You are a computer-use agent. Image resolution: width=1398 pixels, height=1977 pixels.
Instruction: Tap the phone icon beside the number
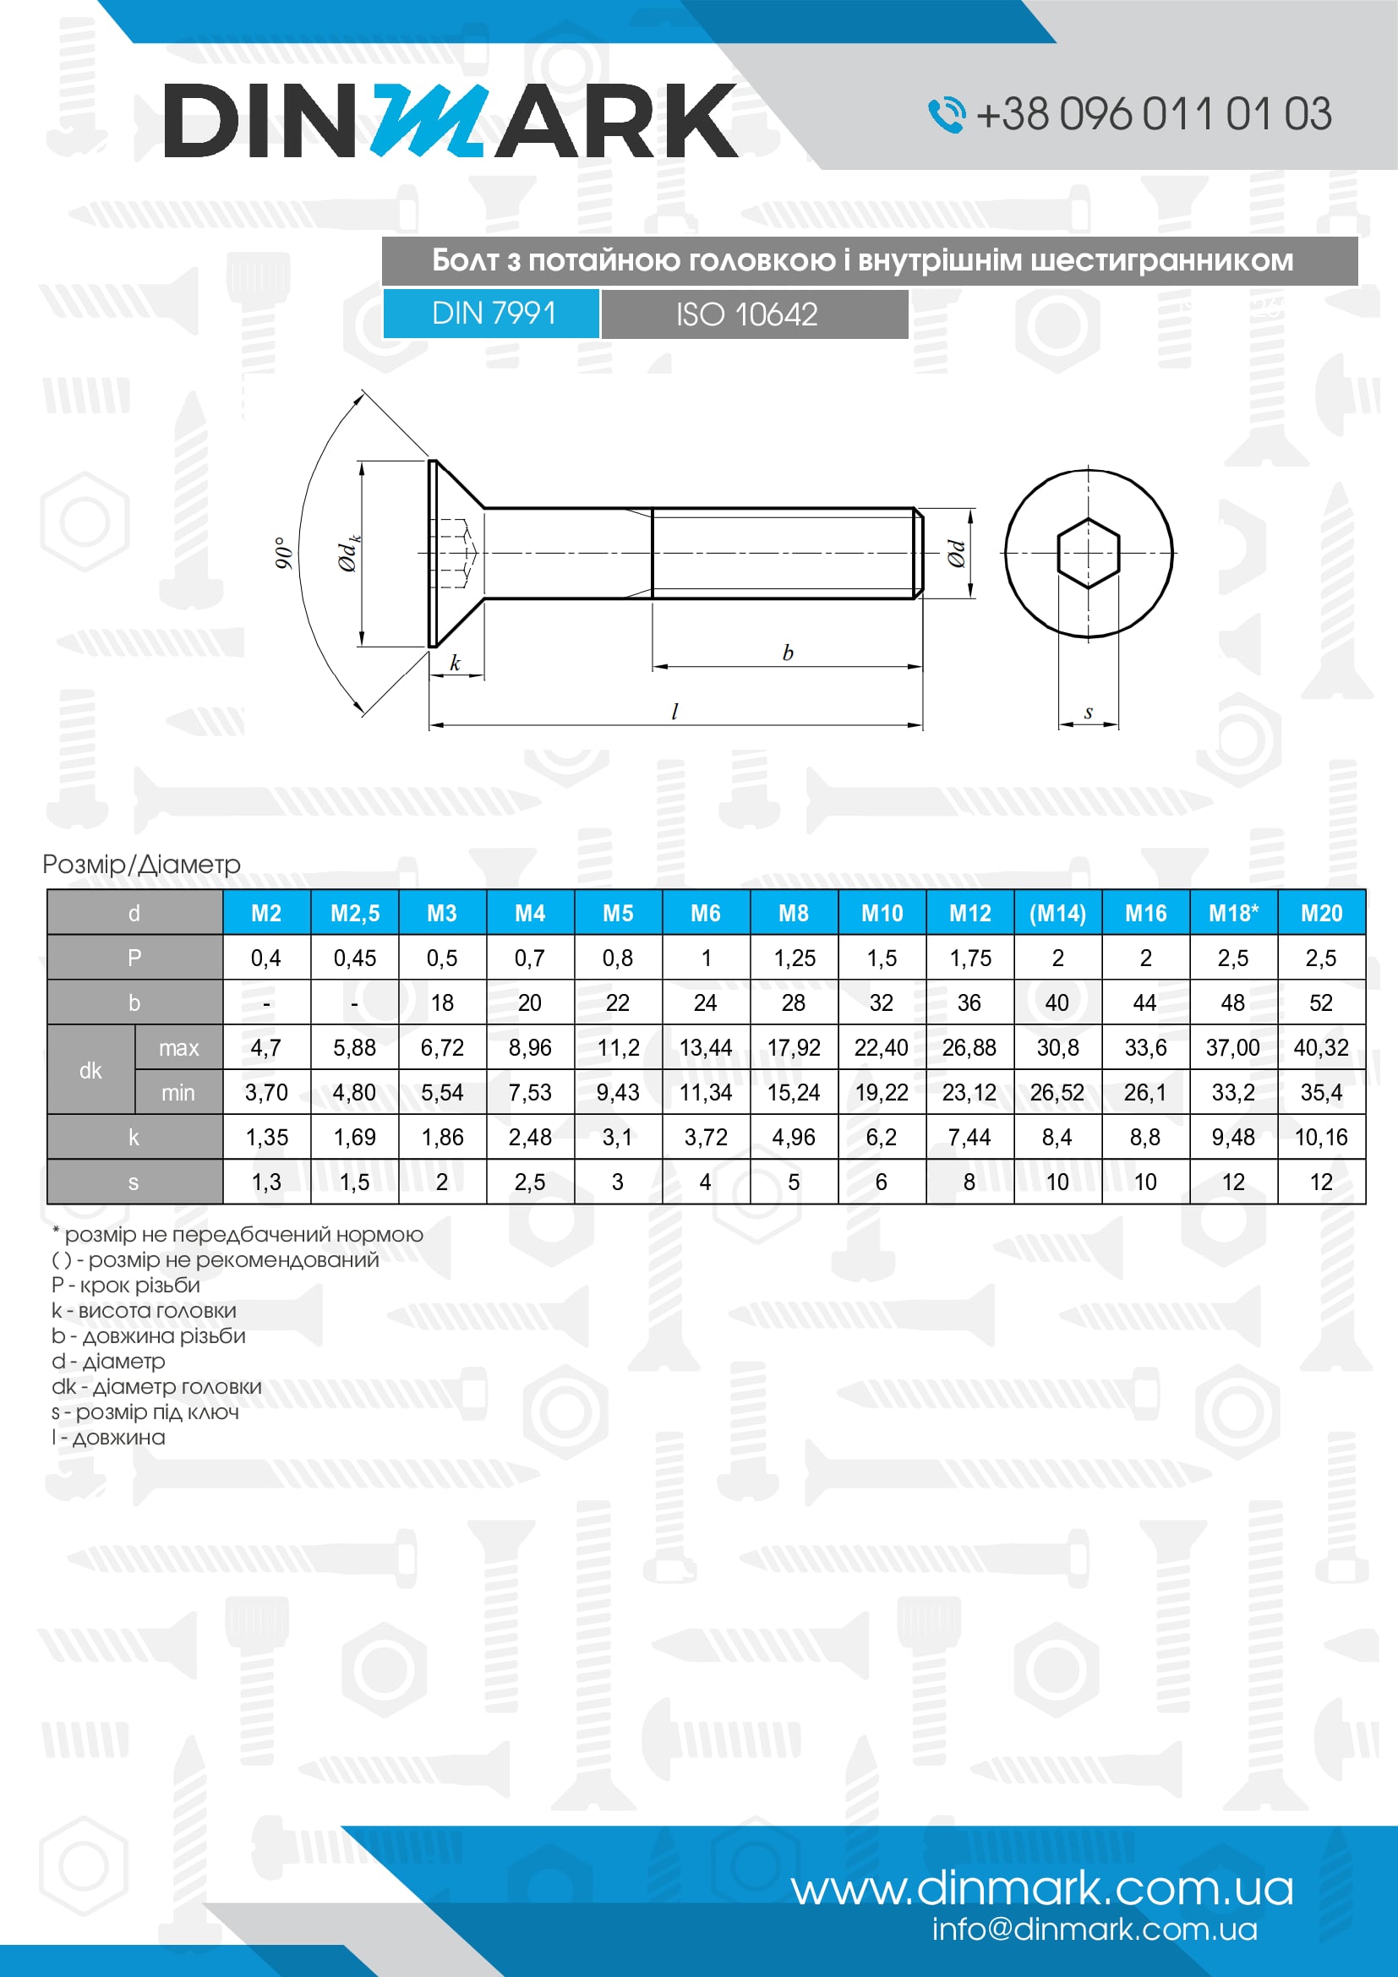pyautogui.click(x=946, y=114)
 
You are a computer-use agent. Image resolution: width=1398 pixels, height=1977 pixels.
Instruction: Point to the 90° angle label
pyautogui.click(x=283, y=553)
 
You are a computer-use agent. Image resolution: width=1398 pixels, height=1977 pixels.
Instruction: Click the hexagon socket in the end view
pyautogui.click(x=1088, y=553)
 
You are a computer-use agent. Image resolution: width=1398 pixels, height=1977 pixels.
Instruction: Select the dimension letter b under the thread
pyautogui.click(x=788, y=653)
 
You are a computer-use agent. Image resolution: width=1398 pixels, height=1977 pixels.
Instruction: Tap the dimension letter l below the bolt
pyautogui.click(x=674, y=712)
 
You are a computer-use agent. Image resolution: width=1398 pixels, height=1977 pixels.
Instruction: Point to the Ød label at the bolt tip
pyautogui.click(x=957, y=554)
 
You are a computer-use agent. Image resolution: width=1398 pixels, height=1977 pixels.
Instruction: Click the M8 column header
pyautogui.click(x=793, y=913)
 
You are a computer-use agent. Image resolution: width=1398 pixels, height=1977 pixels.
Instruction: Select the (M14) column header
pyautogui.click(x=1057, y=913)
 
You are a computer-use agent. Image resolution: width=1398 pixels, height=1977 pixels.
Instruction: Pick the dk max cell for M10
pyautogui.click(x=881, y=1048)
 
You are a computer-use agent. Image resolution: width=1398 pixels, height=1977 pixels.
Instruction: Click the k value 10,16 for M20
pyautogui.click(x=1320, y=1138)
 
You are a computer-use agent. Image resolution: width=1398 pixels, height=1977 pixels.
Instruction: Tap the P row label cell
pyautogui.click(x=134, y=958)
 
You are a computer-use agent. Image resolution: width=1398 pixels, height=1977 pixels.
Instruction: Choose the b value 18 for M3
pyautogui.click(x=441, y=1003)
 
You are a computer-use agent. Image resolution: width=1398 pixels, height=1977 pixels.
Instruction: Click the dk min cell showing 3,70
pyautogui.click(x=266, y=1093)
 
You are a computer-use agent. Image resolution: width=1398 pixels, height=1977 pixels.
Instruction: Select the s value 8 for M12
pyautogui.click(x=969, y=1182)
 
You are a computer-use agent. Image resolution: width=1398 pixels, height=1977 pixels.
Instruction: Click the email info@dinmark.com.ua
pyautogui.click(x=1094, y=1930)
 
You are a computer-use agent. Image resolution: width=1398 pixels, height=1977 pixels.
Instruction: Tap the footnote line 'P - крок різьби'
pyautogui.click(x=126, y=1285)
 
